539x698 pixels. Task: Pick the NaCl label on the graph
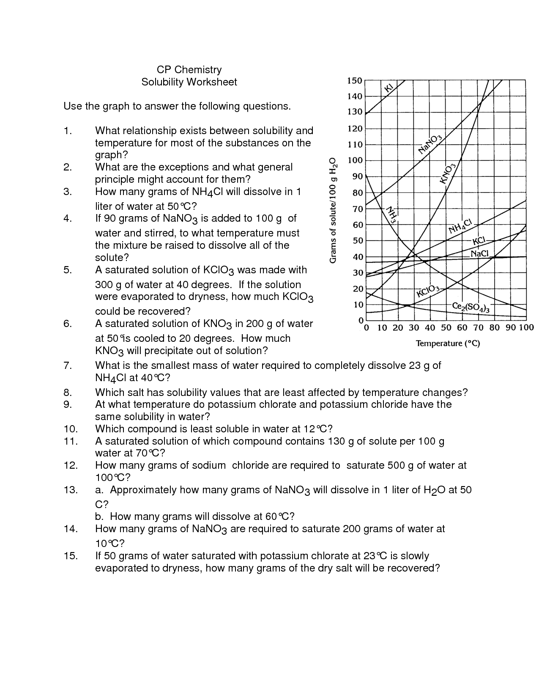[x=480, y=253]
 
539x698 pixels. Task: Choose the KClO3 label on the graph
[x=428, y=291]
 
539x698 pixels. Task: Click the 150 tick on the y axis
[x=354, y=80]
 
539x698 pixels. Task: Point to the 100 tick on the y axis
[x=354, y=160]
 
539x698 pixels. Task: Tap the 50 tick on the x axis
[x=446, y=327]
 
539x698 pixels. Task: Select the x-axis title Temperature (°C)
[x=448, y=344]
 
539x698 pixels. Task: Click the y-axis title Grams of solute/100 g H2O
[x=333, y=210]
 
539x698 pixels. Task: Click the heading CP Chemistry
[x=189, y=70]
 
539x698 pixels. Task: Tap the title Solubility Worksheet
[x=189, y=82]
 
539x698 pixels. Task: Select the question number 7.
[x=68, y=365]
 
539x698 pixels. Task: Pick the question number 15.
[x=71, y=556]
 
